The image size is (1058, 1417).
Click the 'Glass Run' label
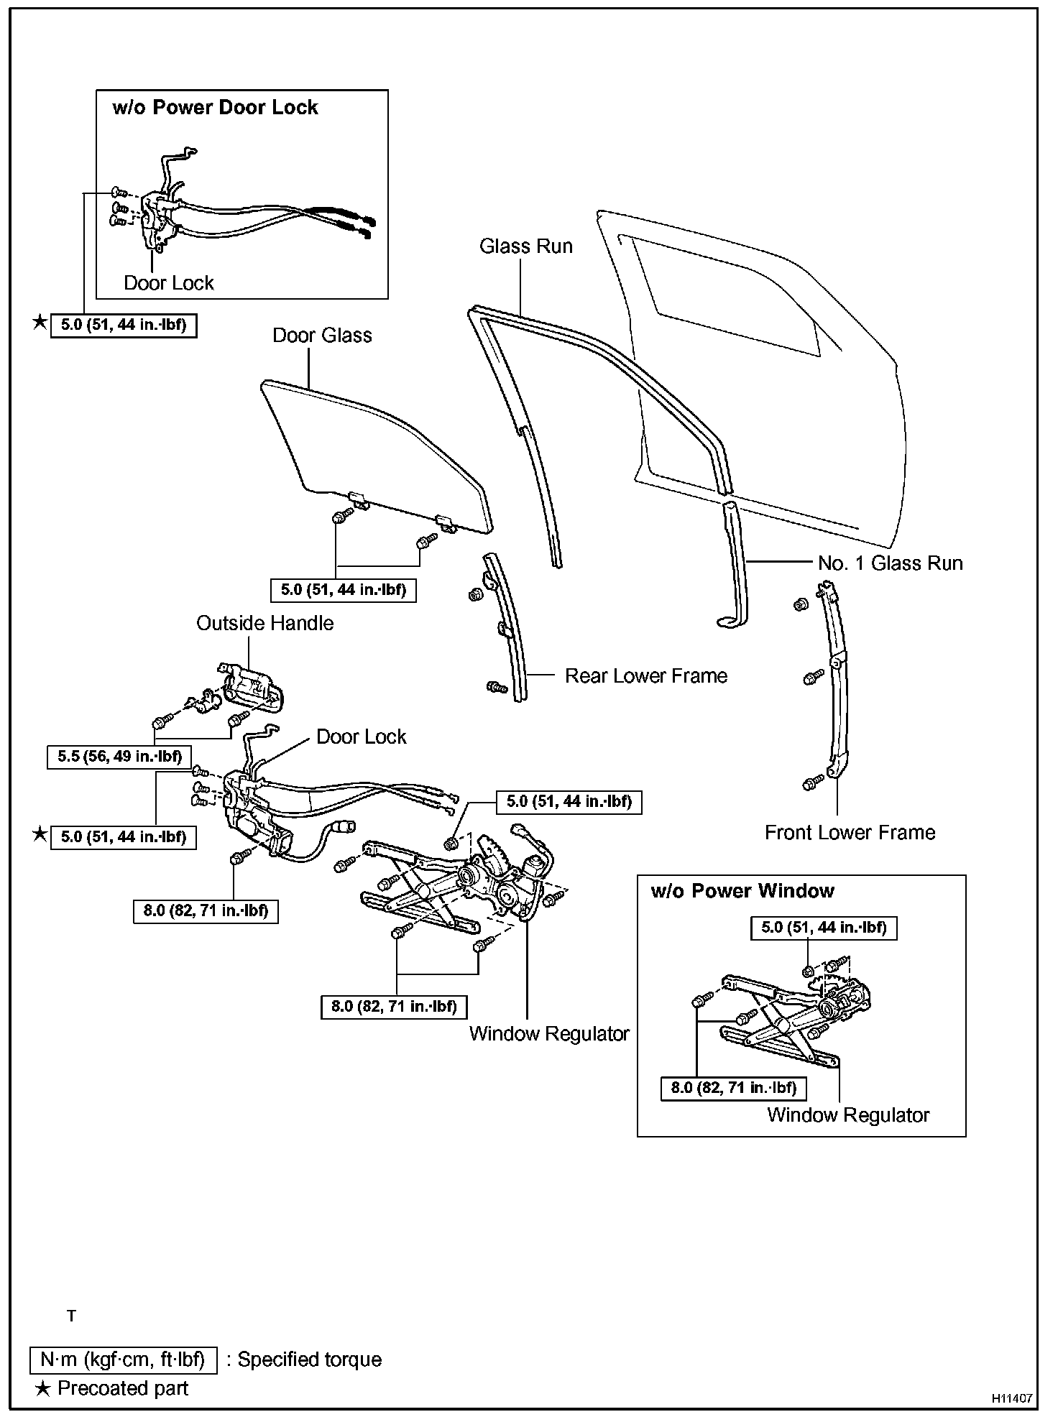point(525,246)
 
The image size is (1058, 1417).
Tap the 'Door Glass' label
point(322,336)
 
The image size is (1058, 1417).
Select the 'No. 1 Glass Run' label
point(890,563)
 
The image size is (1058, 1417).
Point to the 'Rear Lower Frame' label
point(645,675)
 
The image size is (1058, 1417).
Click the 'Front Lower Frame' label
point(850,832)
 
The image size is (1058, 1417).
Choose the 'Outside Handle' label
point(264,623)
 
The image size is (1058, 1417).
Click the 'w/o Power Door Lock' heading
point(215,108)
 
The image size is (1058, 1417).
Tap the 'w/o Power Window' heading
point(742,891)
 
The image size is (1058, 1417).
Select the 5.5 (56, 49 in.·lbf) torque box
point(119,757)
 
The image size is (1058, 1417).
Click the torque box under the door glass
point(343,590)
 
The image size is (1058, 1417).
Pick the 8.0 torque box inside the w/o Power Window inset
point(733,1087)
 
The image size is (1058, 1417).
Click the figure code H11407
point(1012,1398)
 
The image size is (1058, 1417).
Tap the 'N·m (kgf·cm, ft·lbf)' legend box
point(123,1360)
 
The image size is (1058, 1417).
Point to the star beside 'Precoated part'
point(42,1388)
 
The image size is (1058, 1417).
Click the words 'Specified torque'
point(309,1360)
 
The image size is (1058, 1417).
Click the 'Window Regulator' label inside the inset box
point(848,1114)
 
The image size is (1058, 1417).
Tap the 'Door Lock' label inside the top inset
point(168,283)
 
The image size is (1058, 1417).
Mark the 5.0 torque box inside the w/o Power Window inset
point(824,928)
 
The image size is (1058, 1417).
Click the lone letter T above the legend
point(71,1316)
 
